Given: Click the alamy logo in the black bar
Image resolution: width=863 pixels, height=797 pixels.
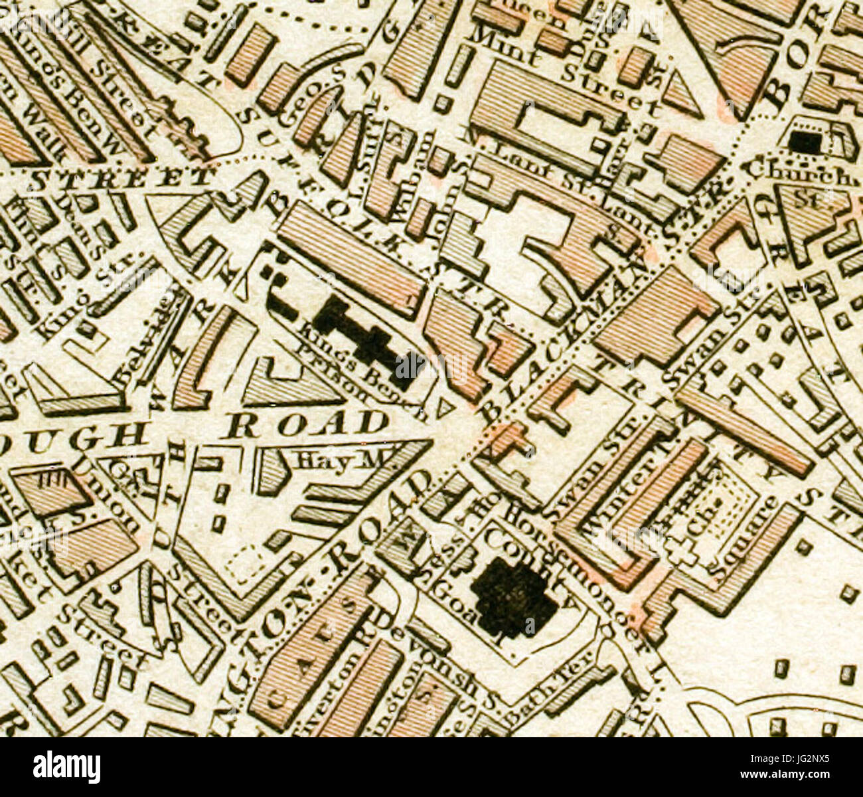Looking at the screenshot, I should tap(66, 767).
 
